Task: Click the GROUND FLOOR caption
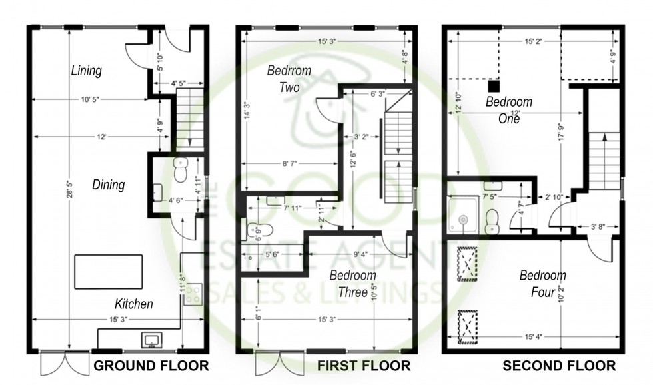(x=150, y=366)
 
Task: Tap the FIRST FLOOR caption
(x=363, y=366)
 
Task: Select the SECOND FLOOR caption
(x=559, y=366)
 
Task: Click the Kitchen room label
(x=134, y=304)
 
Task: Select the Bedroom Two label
(x=285, y=78)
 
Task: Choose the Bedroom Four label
(x=542, y=284)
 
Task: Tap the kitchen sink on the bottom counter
(x=151, y=340)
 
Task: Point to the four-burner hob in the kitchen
(x=193, y=294)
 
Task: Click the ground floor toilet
(x=180, y=171)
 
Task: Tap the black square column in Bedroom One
(x=494, y=85)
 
